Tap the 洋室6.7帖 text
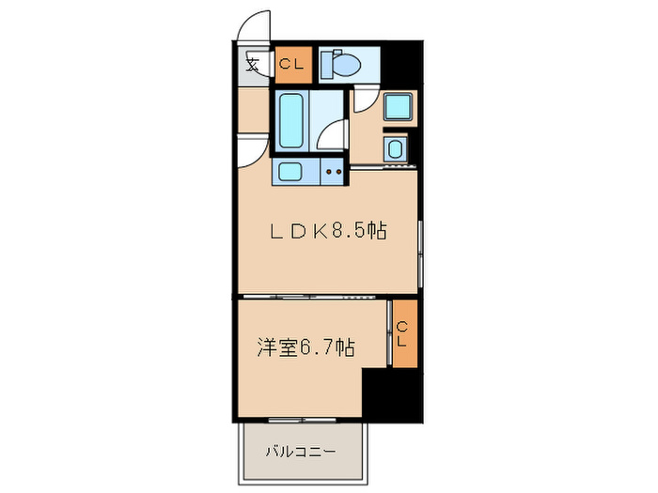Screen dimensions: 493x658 [x=305, y=347]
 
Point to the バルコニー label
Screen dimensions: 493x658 [x=300, y=452]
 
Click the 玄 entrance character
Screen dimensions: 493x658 [x=252, y=65]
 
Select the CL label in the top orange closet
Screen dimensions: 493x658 [x=292, y=64]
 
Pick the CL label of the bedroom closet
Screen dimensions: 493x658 [x=402, y=333]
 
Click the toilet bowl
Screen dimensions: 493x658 [x=347, y=64]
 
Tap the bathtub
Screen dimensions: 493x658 [x=291, y=121]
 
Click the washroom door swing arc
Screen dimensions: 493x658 [x=368, y=101]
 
